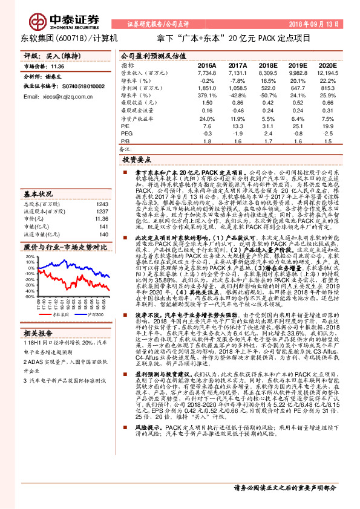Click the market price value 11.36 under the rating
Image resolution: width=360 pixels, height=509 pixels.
click(x=57, y=67)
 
